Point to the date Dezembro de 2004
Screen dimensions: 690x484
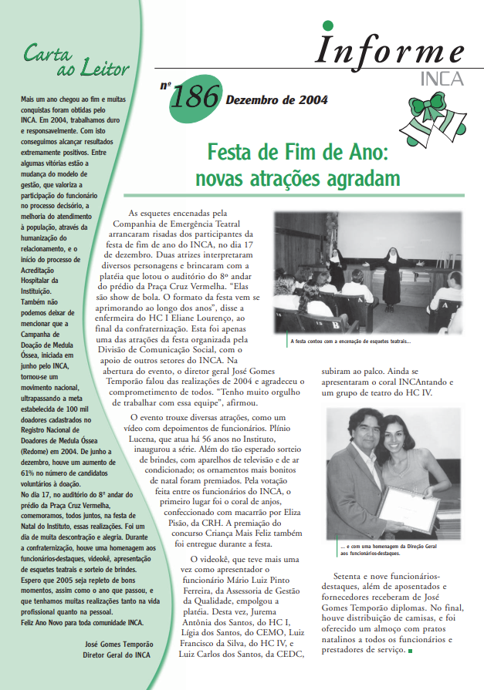(x=276, y=99)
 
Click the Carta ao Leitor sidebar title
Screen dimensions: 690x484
(x=76, y=61)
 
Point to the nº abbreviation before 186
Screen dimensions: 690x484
(x=165, y=86)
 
